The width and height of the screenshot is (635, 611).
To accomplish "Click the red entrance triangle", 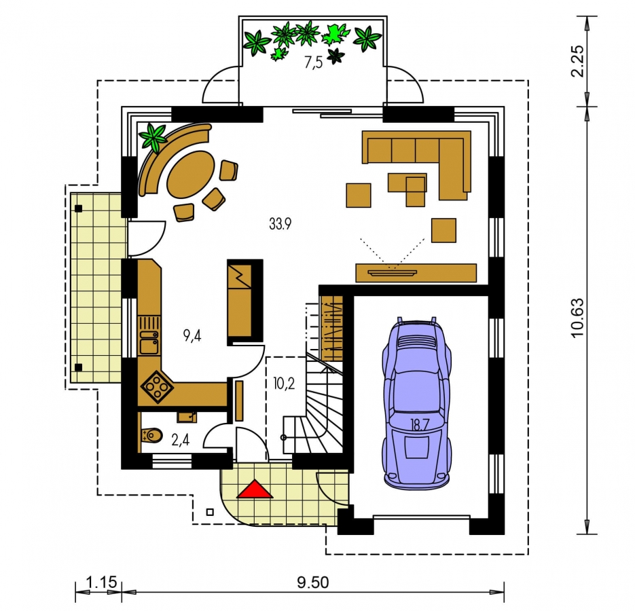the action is (x=255, y=489).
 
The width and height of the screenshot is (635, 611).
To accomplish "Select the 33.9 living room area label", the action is (x=280, y=223).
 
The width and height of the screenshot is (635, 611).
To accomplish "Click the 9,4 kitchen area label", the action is (x=192, y=335).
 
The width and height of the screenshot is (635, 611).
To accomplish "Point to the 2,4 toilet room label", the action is (x=181, y=440).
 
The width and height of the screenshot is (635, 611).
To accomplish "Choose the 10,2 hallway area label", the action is (x=284, y=384).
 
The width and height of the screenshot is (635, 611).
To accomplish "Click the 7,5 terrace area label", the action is (x=314, y=63).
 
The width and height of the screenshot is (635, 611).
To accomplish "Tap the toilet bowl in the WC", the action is (x=152, y=436).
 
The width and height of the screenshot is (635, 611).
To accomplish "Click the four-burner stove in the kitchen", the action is (x=157, y=387).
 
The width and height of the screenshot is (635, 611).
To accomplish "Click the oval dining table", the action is (x=191, y=174).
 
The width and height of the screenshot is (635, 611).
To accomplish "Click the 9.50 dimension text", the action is (x=312, y=582).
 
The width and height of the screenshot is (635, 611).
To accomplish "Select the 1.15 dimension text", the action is (x=101, y=582).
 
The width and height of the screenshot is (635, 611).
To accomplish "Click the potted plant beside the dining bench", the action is (x=153, y=137).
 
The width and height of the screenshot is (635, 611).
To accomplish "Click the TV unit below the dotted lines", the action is (x=416, y=272).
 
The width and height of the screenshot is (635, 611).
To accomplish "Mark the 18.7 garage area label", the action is (x=420, y=425).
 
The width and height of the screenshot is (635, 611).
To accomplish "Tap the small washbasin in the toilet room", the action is (x=187, y=417).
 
